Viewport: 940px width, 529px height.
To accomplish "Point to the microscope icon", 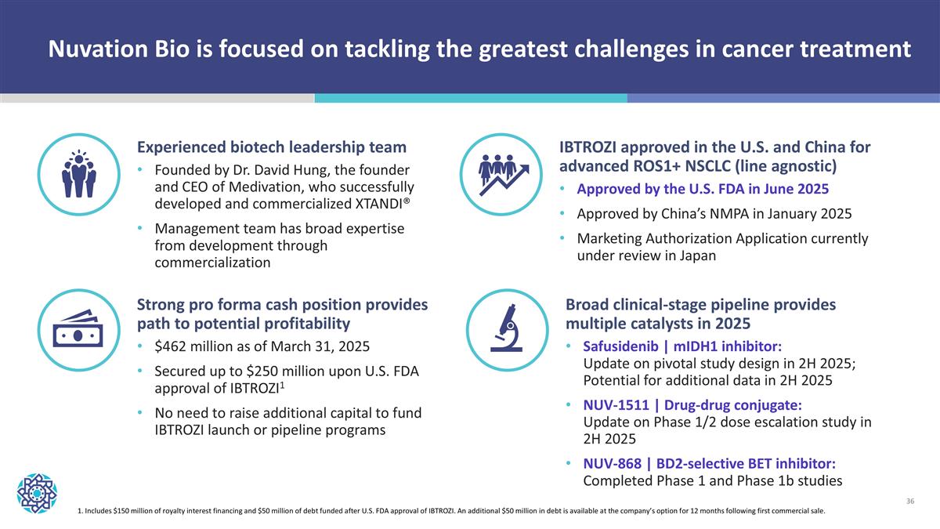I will click(x=504, y=328).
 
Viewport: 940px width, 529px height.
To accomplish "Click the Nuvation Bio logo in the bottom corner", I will click(x=37, y=491).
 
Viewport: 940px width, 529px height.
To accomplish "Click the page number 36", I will click(x=910, y=500).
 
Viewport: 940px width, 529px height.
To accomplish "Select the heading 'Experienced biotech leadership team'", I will click(x=272, y=147).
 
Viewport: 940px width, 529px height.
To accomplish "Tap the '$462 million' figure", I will click(x=198, y=347).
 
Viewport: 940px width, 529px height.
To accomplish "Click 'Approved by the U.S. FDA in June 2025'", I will click(x=703, y=189).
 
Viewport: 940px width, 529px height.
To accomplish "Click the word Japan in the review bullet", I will click(x=696, y=255).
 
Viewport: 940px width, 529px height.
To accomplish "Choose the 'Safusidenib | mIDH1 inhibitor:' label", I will click(x=681, y=346).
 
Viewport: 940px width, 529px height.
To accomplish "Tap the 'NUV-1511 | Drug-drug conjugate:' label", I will click(x=692, y=405).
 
